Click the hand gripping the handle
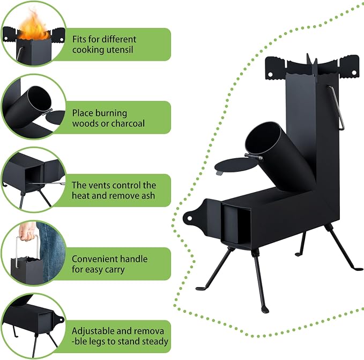click(27, 232)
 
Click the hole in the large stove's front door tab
click(190, 218)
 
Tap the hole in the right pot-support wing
click(354, 73)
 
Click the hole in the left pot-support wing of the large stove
click(270, 75)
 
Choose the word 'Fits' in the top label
click(79, 39)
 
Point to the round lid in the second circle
click(55, 117)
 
